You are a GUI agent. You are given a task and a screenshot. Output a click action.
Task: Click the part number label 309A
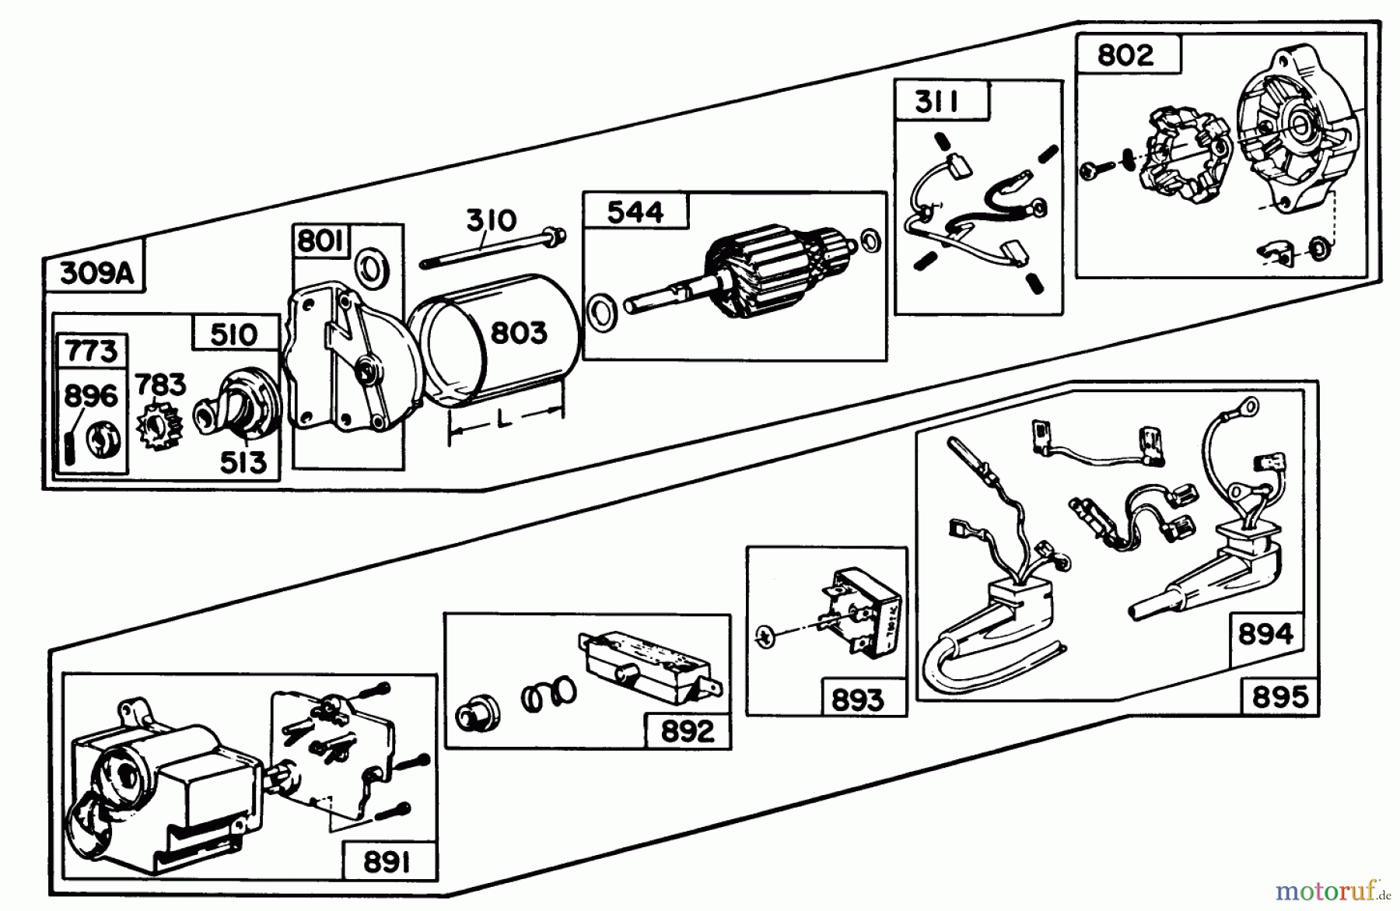[96, 273]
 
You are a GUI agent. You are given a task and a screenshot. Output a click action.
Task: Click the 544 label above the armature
[635, 212]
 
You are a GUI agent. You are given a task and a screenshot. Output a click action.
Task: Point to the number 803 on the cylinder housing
[519, 333]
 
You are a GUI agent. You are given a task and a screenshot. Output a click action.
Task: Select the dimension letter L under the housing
[503, 421]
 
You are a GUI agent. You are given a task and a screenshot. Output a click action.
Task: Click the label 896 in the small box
[91, 396]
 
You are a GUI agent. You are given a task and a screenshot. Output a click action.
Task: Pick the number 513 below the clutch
[243, 462]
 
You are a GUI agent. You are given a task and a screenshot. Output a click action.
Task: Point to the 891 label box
[387, 863]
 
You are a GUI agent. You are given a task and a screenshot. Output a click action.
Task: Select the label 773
[92, 351]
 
